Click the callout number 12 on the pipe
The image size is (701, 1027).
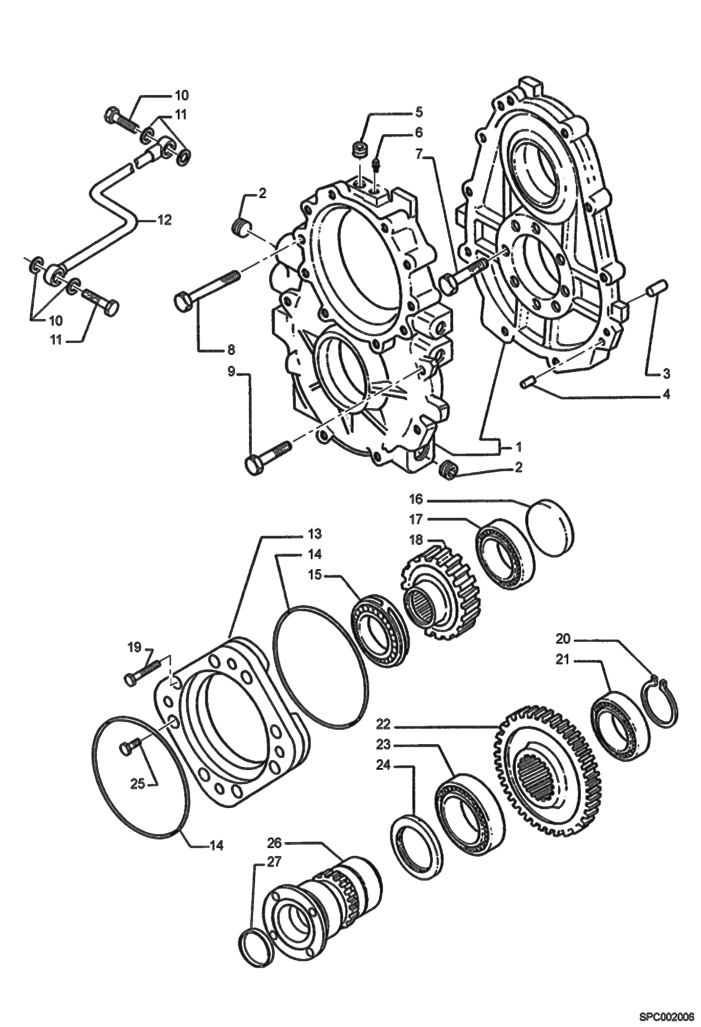point(164,220)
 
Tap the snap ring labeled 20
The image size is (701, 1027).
point(659,704)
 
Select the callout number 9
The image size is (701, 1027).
point(231,372)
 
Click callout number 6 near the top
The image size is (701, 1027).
point(418,133)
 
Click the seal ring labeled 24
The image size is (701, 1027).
point(416,844)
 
